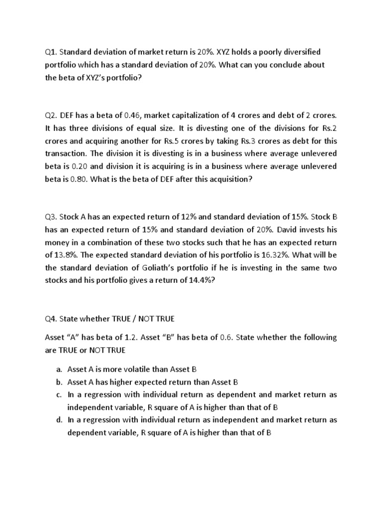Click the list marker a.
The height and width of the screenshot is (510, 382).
pyautogui.click(x=58, y=369)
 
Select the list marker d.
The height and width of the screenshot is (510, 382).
pyautogui.click(x=58, y=420)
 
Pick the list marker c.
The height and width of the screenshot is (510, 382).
pyautogui.click(x=58, y=394)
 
